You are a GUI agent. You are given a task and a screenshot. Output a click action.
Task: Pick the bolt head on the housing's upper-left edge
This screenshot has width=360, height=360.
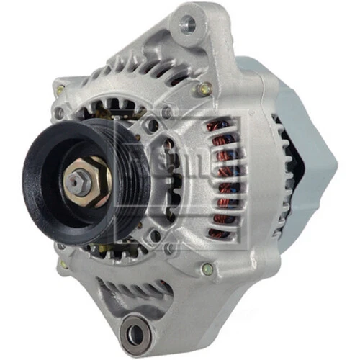point(61,91)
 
